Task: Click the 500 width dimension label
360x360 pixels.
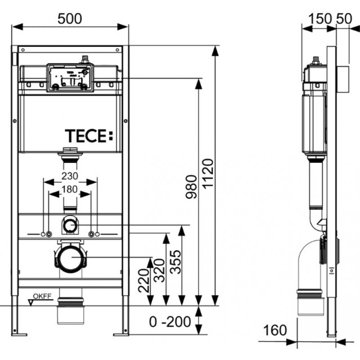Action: point(70,18)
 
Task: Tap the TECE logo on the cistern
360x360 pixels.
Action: point(89,136)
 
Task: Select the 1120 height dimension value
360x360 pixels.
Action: point(208,174)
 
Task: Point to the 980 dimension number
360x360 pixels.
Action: point(191,187)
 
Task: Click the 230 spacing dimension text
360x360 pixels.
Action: point(70,176)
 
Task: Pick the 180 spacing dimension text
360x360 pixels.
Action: point(70,189)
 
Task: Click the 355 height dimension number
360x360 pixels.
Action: point(175,262)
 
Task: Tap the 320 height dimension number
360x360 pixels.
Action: point(159,270)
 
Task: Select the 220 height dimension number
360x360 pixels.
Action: point(144,280)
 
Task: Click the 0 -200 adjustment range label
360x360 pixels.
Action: point(170,322)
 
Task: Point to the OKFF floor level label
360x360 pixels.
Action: point(42,296)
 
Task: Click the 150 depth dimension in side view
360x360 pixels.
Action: point(320,18)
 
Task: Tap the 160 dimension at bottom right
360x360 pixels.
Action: point(275,330)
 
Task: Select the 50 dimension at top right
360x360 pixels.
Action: point(344,18)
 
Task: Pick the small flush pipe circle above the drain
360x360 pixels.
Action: point(70,226)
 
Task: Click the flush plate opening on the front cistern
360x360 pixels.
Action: point(70,78)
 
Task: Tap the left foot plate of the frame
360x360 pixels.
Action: point(19,334)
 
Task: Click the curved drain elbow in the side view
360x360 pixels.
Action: point(308,264)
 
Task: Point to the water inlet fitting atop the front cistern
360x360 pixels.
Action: point(85,59)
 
